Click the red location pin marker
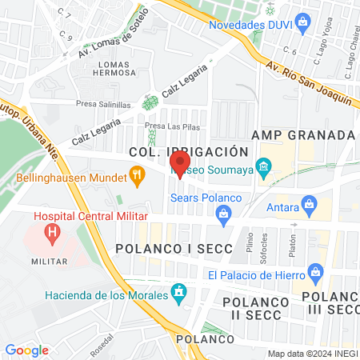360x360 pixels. coord(179,168)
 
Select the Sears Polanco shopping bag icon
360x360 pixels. coord(224,212)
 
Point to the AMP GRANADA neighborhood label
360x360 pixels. coord(302,134)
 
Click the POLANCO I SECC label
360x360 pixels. coord(174,249)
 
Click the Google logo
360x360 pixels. coord(26,350)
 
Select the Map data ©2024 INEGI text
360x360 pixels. coord(311,354)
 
